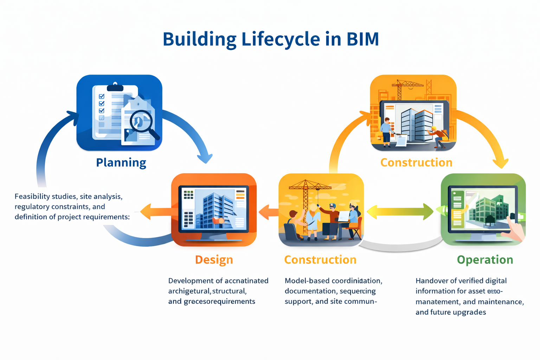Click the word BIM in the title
click(x=362, y=39)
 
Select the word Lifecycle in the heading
click(x=281, y=39)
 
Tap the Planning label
click(x=121, y=162)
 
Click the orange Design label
click(x=214, y=259)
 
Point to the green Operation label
click(x=485, y=259)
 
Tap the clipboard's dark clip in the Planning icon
click(x=115, y=86)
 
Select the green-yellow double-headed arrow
click(x=400, y=212)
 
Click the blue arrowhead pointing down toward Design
click(x=205, y=158)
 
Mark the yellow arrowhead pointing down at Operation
click(x=501, y=163)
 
